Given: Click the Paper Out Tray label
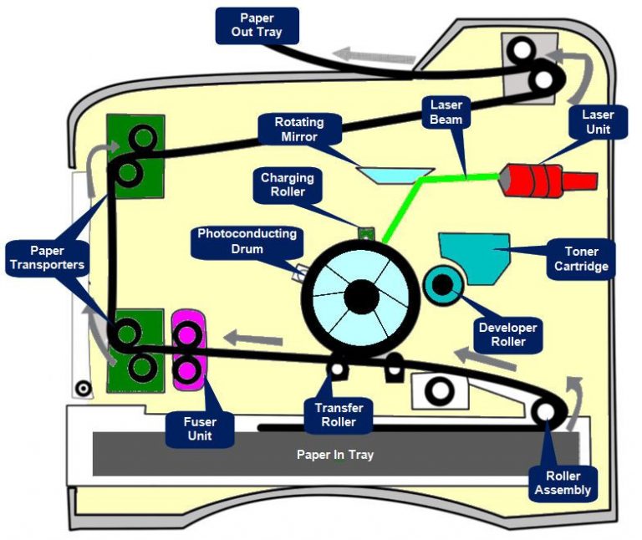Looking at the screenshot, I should click(x=257, y=25).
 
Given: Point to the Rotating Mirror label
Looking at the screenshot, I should click(x=298, y=129).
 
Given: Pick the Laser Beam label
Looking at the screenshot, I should click(x=446, y=112).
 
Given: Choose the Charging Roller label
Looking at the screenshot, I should click(x=287, y=185).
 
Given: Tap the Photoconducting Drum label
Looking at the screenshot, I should click(x=247, y=241).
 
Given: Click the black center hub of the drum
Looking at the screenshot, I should click(x=361, y=293).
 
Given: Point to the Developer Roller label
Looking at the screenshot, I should click(x=507, y=334).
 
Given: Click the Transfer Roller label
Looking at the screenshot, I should click(x=339, y=415).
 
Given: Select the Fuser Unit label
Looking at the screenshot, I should click(x=199, y=429).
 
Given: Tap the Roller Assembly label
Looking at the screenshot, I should click(x=563, y=482).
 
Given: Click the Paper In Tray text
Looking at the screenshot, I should click(x=334, y=455).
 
